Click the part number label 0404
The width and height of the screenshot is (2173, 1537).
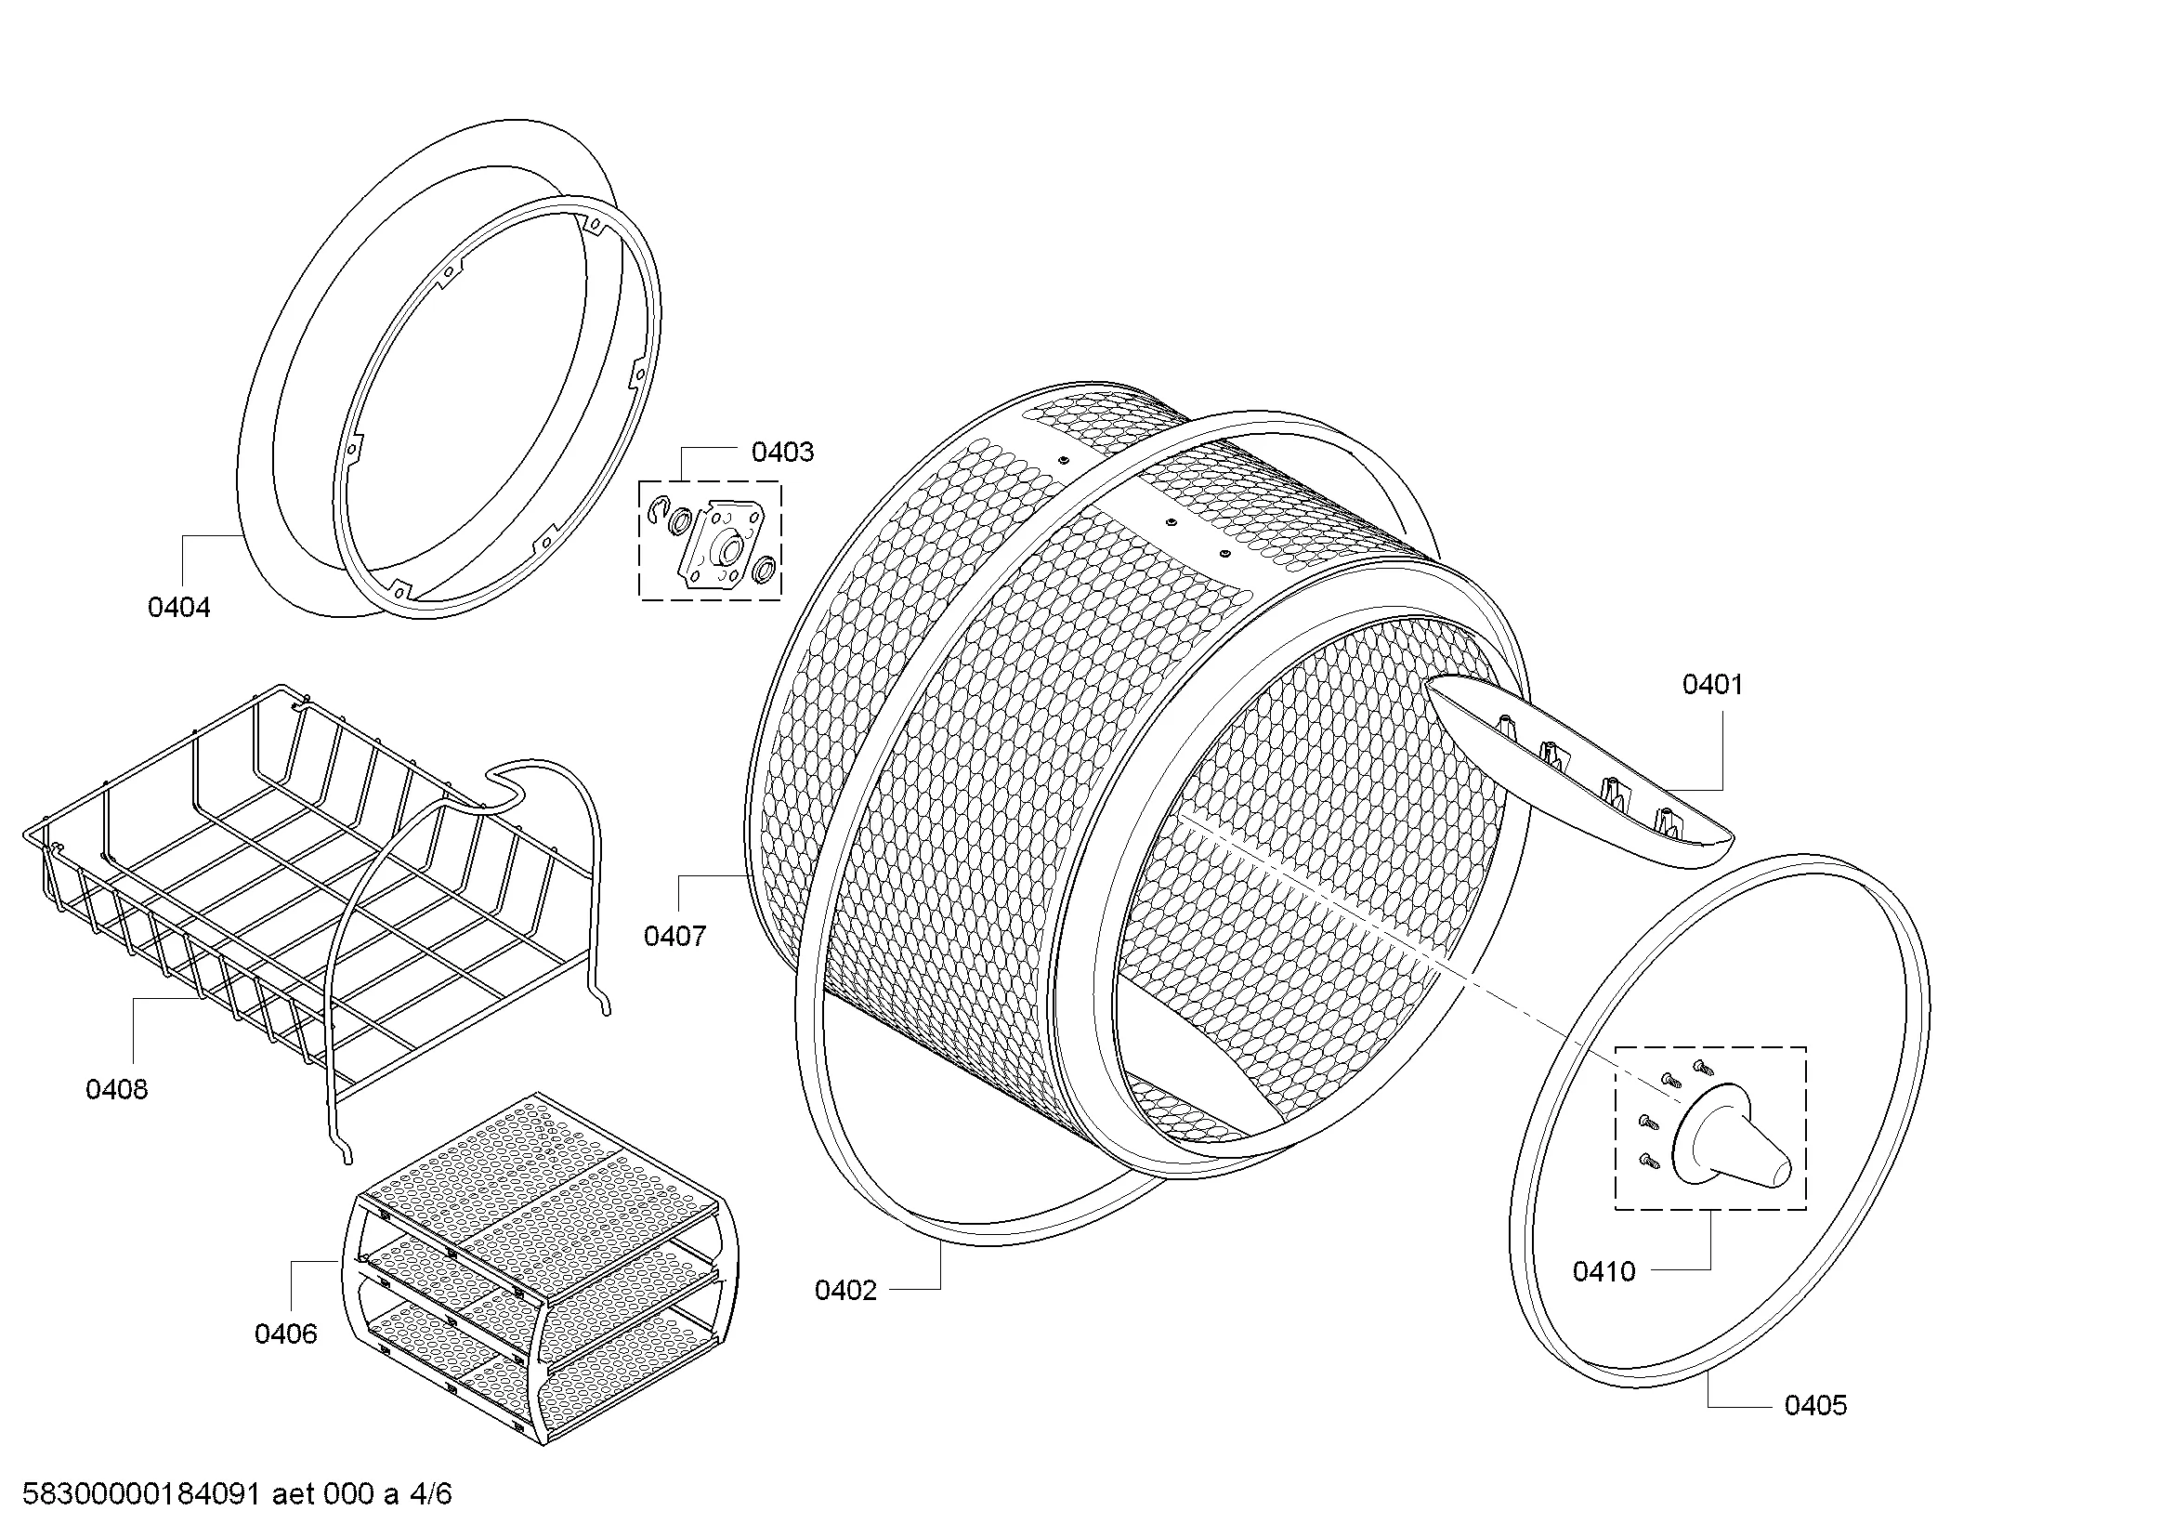coord(179,608)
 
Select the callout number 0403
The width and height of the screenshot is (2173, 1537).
coord(781,453)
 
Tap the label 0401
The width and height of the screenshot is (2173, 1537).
coord(1712,684)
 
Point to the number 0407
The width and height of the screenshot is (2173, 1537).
coord(674,937)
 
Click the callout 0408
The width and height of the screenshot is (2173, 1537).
coord(116,1090)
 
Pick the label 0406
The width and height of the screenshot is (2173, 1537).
coord(286,1334)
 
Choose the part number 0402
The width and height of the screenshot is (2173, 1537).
coord(846,1291)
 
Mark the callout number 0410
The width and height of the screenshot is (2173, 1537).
coord(1604,1272)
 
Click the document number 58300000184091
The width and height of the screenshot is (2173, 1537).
coord(141,1494)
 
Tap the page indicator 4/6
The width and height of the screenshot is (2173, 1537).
coord(431,1494)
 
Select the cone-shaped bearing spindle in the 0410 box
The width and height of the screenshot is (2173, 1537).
coord(1731,1136)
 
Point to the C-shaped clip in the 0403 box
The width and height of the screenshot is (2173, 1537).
coord(659,512)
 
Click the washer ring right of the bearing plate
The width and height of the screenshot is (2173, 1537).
coord(763,570)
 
